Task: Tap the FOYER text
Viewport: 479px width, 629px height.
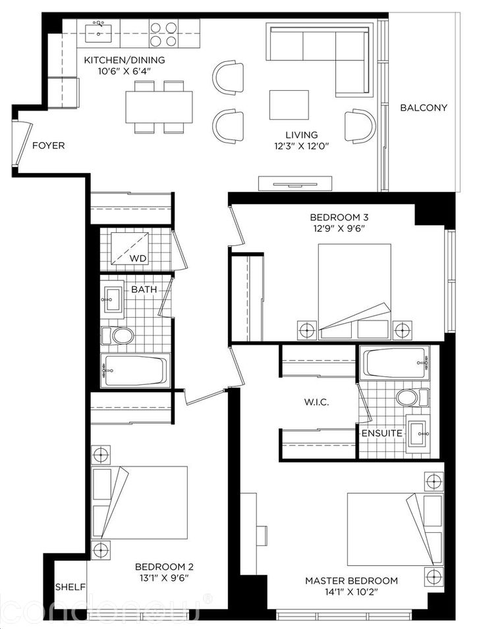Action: pyautogui.click(x=49, y=145)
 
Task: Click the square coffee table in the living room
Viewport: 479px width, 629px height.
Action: pyautogui.click(x=289, y=105)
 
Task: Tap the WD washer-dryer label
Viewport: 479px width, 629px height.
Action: pyautogui.click(x=138, y=258)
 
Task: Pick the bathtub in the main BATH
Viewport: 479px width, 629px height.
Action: pyautogui.click(x=134, y=370)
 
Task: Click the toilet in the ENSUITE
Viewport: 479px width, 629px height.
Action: pyautogui.click(x=409, y=397)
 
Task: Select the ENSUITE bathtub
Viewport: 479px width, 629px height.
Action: pyautogui.click(x=393, y=363)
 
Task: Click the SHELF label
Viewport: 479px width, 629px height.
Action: pyautogui.click(x=69, y=586)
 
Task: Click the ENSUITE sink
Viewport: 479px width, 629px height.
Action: pyautogui.click(x=418, y=434)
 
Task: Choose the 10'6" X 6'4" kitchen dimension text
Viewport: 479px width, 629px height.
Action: pyautogui.click(x=124, y=72)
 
